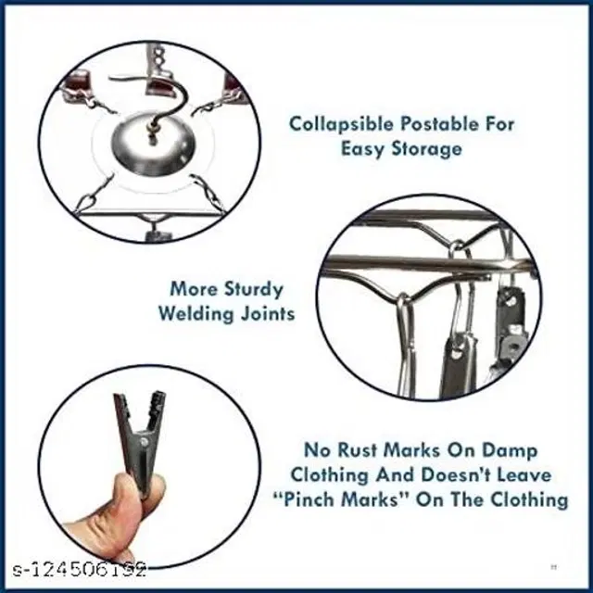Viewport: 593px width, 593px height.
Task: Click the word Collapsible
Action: (341, 124)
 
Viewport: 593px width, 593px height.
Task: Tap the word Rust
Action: (357, 450)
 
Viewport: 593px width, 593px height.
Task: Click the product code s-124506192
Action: (80, 570)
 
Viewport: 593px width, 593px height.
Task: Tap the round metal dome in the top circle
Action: (152, 145)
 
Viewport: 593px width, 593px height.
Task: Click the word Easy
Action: (362, 149)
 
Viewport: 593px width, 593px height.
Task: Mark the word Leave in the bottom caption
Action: (524, 475)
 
